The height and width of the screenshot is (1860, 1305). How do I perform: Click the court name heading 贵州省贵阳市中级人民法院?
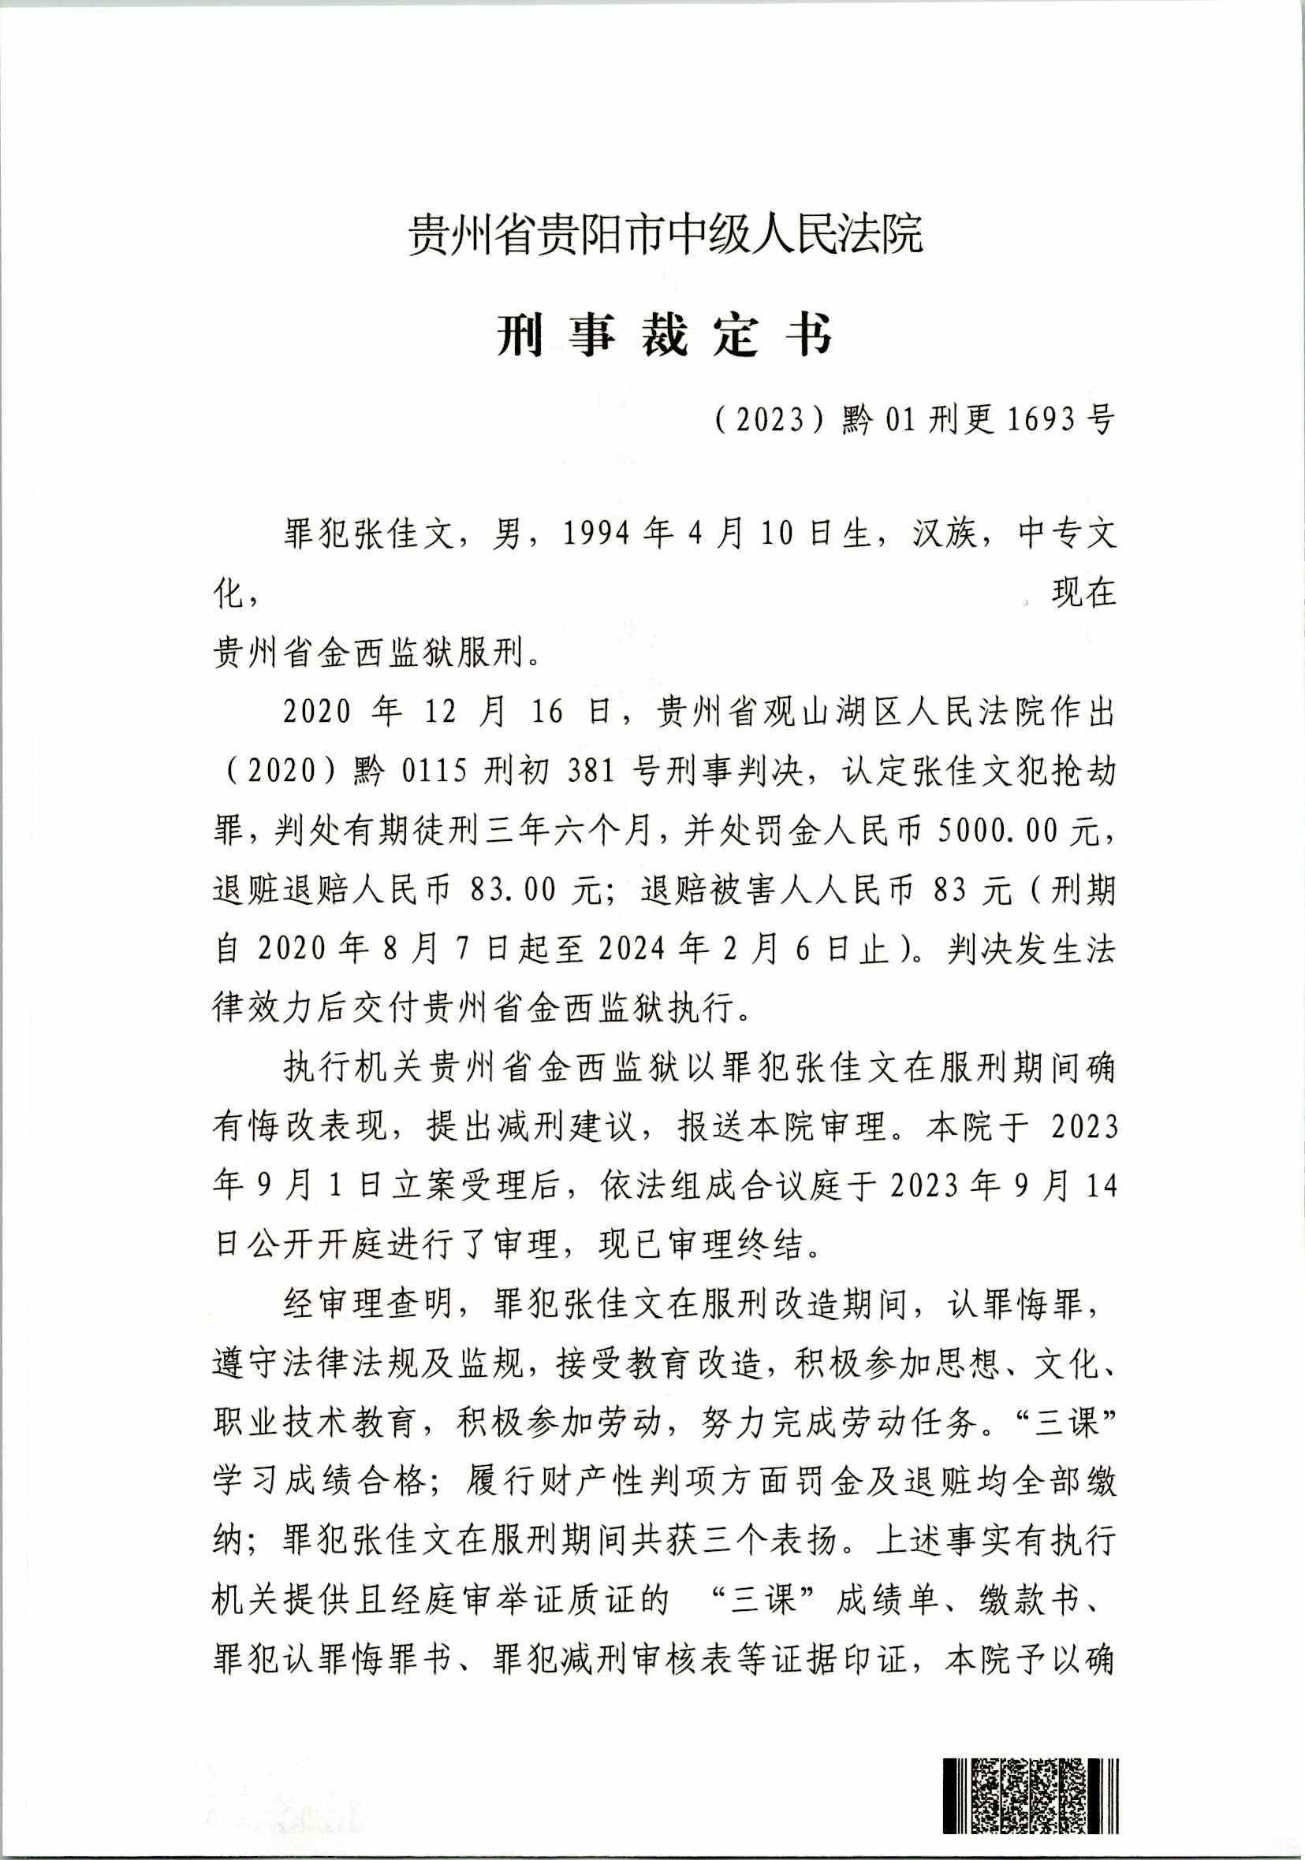(x=665, y=233)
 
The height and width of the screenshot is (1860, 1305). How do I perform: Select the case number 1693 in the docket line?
(x=1040, y=419)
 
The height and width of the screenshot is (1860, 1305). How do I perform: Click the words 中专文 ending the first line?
(x=1068, y=534)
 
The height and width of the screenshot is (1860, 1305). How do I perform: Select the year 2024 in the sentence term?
(x=636, y=950)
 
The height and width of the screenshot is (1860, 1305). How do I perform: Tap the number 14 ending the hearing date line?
(x=1101, y=1186)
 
